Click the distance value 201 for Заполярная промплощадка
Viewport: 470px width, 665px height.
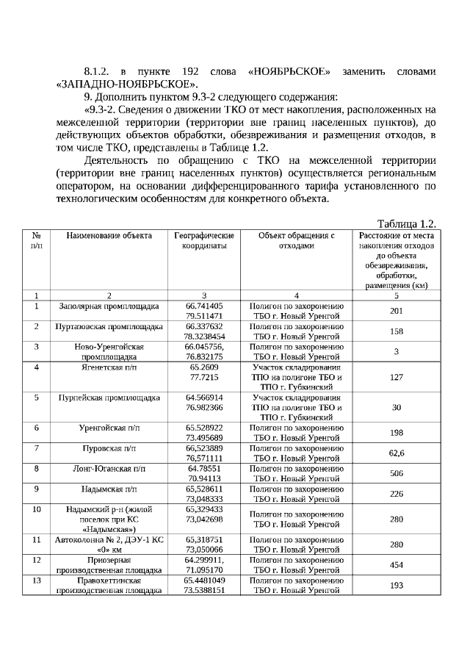tap(396, 310)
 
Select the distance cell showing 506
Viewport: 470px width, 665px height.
tap(396, 473)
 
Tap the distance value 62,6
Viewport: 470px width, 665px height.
tap(396, 453)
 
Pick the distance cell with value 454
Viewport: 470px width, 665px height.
tap(396, 565)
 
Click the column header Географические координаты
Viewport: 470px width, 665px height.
tap(204, 241)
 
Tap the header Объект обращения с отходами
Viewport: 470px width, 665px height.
tap(297, 241)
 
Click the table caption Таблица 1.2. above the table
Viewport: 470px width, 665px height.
tap(406, 223)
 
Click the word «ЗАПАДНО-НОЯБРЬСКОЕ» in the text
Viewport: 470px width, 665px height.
tap(127, 84)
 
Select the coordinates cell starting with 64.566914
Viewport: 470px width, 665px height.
tap(204, 402)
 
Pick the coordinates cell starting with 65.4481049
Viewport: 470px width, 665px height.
tap(204, 585)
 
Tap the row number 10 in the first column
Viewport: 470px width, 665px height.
tap(37, 508)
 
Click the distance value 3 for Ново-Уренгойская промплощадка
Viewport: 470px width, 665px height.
tap(396, 351)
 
